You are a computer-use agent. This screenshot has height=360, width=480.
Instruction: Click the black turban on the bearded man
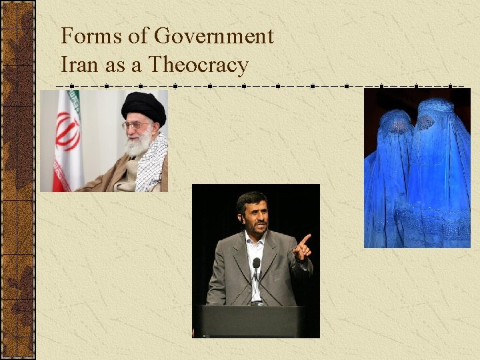pyautogui.click(x=143, y=107)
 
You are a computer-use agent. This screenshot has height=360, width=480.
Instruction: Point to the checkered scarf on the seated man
pyautogui.click(x=153, y=167)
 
